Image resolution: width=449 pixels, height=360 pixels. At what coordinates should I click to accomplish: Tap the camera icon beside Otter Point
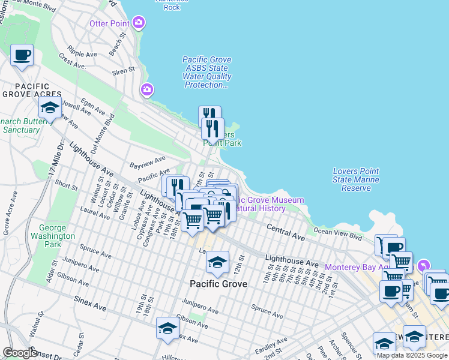pos(139,23)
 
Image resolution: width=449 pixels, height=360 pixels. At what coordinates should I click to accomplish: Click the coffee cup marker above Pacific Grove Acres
pos(22,55)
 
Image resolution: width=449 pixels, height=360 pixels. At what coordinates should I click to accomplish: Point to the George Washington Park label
pos(58,236)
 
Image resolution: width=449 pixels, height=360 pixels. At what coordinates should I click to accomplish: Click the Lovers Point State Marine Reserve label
pos(356,179)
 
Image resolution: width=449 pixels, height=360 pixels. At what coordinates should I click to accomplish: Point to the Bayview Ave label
pos(148,161)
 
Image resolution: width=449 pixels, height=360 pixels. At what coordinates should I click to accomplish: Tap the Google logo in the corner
pos(20,353)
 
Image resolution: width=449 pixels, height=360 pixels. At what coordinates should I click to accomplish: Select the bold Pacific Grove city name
pos(218,283)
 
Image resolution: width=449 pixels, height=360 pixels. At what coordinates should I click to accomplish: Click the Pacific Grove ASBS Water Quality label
pos(207,73)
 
